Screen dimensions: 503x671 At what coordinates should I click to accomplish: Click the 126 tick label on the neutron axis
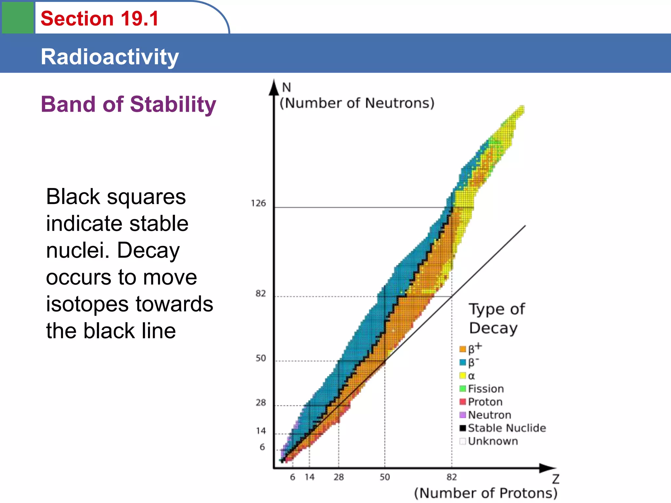[x=258, y=203]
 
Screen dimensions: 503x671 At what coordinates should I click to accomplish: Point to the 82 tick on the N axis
[x=260, y=293]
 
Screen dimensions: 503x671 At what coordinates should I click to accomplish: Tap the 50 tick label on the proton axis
[x=385, y=477]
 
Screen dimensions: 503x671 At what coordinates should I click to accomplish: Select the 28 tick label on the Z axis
[x=338, y=477]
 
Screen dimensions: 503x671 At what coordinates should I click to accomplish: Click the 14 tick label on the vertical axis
[x=261, y=431]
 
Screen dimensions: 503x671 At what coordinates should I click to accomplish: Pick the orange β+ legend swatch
[x=463, y=349]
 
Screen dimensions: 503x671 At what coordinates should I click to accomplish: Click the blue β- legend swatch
[x=463, y=363]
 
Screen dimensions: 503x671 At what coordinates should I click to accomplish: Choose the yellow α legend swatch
[x=463, y=376]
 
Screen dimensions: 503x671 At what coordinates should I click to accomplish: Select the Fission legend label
[x=486, y=389]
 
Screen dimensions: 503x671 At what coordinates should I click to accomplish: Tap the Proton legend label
[x=485, y=402]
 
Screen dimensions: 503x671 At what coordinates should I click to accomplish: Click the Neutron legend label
[x=489, y=415]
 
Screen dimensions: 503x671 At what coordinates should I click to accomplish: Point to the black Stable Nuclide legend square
[x=463, y=428]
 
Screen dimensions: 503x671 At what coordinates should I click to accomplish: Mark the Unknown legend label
[x=493, y=441]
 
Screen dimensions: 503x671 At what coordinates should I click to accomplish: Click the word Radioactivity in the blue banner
[x=110, y=57]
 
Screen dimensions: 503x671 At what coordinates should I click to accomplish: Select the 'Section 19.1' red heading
[x=100, y=18]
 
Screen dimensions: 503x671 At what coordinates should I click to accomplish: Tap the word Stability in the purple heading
[x=173, y=104]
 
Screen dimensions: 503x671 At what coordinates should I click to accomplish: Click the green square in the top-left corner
[x=18, y=17]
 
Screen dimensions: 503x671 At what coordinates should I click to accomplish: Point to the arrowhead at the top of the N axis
[x=274, y=87]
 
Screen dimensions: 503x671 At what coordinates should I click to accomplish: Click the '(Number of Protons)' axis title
[x=486, y=493]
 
